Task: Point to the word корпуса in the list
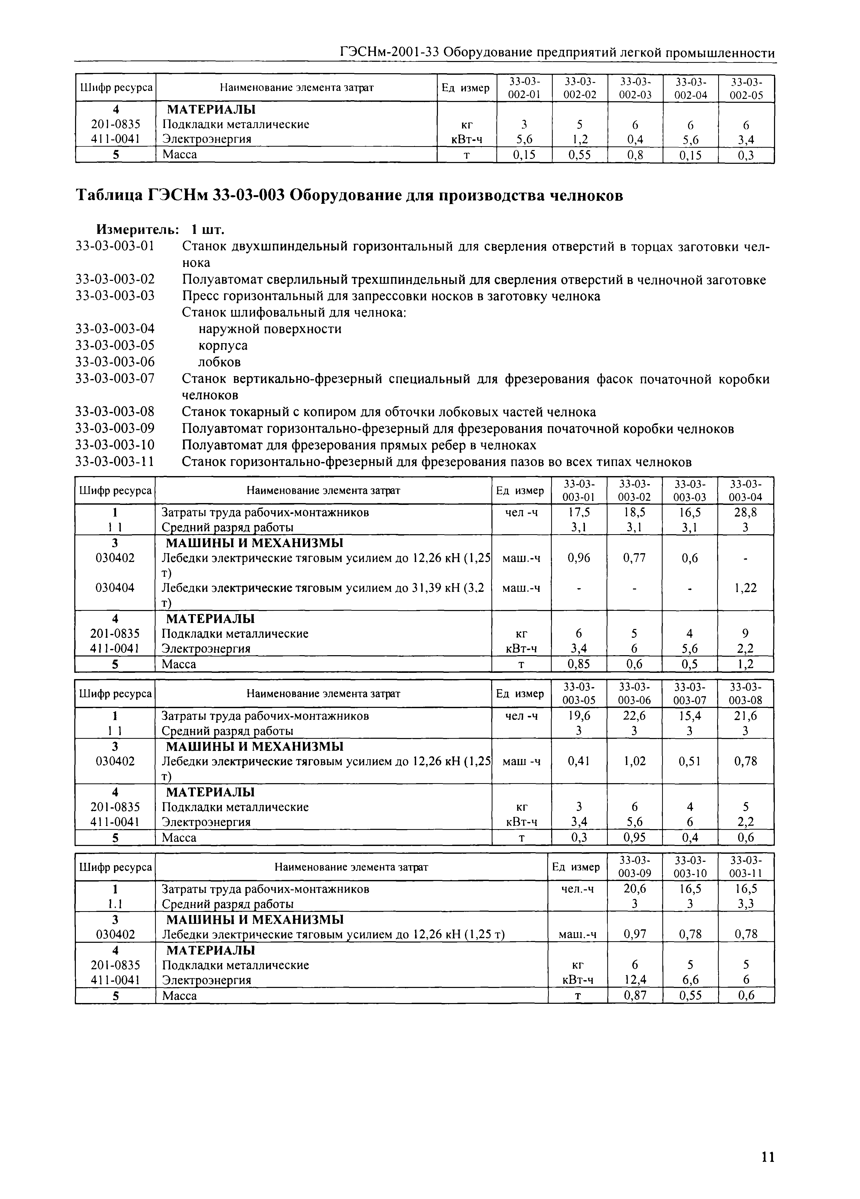pos(223,345)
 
